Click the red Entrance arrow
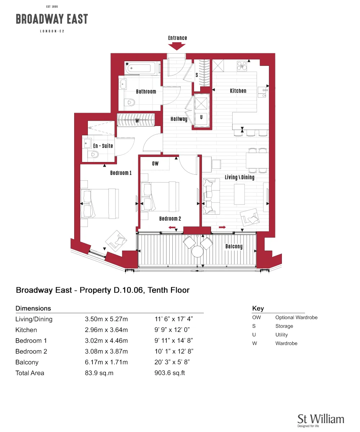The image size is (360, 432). click(x=176, y=46)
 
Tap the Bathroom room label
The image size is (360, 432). click(x=146, y=91)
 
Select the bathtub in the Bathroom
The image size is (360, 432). click(x=140, y=68)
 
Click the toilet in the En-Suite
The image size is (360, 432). click(x=93, y=154)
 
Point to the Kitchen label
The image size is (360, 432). click(x=238, y=91)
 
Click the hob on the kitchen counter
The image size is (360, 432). click(x=242, y=66)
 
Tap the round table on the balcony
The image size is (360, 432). click(x=197, y=251)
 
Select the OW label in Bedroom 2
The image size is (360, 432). click(x=155, y=163)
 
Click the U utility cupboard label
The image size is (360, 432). click(x=201, y=117)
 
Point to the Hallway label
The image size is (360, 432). click(x=179, y=119)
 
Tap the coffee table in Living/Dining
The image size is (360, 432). click(x=239, y=194)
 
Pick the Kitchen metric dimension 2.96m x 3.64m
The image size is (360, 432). click(x=106, y=330)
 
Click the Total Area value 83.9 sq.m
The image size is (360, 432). click(x=99, y=373)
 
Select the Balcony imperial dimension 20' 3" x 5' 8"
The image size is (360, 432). click(x=172, y=362)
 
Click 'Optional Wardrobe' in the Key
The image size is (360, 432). click(x=296, y=318)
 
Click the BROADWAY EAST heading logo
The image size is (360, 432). click(x=52, y=19)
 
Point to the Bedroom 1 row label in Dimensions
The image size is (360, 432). click(x=31, y=341)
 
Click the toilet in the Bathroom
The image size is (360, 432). click(x=130, y=102)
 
